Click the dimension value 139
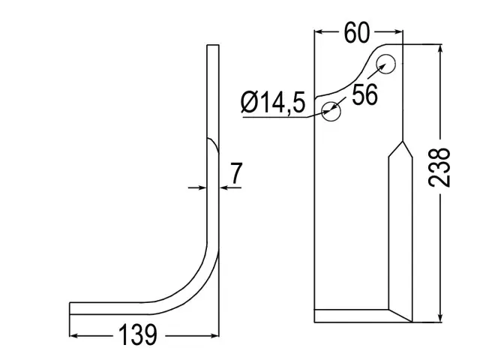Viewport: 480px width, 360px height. [x=137, y=335]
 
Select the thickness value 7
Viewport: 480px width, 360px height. [x=235, y=173]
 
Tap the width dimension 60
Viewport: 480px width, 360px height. [x=357, y=32]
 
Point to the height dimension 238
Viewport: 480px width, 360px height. [x=439, y=167]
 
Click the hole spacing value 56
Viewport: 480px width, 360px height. [x=365, y=94]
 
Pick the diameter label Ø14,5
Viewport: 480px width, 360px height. [x=273, y=102]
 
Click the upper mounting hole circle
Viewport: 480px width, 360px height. [x=385, y=64]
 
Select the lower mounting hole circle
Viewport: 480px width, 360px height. [x=331, y=111]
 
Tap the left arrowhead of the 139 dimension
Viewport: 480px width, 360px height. [x=73, y=336]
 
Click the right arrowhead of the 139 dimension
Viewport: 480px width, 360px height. [x=215, y=336]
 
